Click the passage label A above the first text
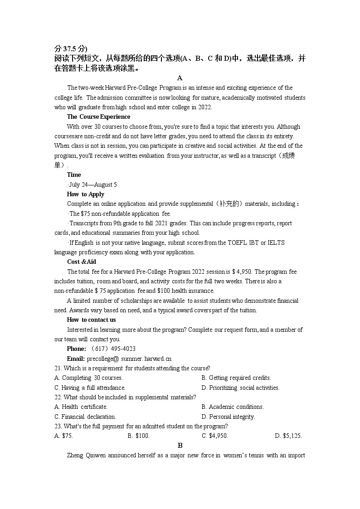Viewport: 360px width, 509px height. (x=180, y=78)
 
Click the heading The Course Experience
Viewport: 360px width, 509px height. (x=98, y=117)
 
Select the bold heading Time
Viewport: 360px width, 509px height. (x=74, y=175)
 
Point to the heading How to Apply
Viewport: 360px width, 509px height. (x=86, y=194)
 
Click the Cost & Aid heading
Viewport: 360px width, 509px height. (x=82, y=262)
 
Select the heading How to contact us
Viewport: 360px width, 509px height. (x=91, y=320)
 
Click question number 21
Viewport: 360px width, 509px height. (x=58, y=368)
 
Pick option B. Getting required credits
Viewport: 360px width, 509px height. (x=236, y=378)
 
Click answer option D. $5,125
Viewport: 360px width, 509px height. (x=288, y=436)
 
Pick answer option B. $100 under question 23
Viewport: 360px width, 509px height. (x=139, y=436)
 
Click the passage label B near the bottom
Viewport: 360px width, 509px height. (x=180, y=446)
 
